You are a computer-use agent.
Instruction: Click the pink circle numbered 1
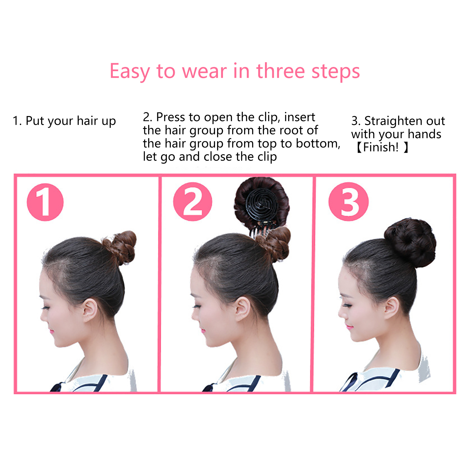45,202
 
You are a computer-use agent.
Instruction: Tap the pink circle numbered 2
193,202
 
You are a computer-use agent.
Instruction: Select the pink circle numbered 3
349,202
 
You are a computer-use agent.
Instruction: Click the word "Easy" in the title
129,71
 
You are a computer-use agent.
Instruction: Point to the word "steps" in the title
336,71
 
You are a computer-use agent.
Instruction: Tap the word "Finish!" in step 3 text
381,147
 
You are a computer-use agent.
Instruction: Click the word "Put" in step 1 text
35,121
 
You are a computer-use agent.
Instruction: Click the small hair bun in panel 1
120,247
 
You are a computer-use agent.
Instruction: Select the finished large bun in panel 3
410,243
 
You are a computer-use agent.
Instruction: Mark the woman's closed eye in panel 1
45,308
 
